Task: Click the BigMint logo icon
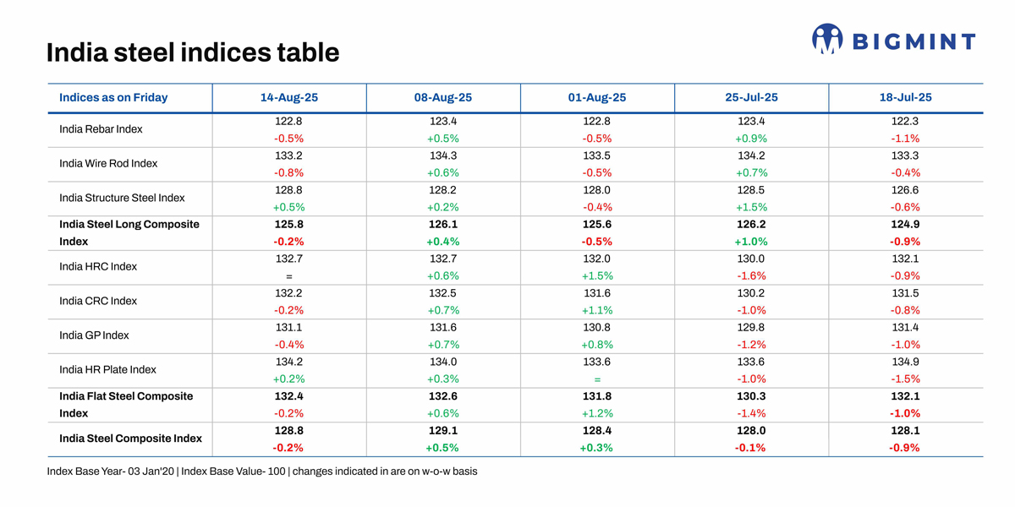827,39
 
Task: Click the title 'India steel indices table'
193,52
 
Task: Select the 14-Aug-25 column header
289,97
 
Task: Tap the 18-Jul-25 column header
905,97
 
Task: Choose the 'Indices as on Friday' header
113,97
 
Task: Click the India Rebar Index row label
101,129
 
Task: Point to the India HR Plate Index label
107,369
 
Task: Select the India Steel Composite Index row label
130,439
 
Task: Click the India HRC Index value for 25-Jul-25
751,259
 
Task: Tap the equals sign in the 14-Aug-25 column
289,276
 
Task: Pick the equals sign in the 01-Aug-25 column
597,379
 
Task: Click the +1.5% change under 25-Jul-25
751,207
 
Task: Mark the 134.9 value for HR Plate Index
905,362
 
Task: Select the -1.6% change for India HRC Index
751,276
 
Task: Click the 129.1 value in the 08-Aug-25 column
443,430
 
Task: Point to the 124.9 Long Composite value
905,224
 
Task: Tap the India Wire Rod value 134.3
443,155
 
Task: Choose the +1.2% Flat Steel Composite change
597,413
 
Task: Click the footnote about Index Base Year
261,471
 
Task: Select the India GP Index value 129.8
751,327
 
